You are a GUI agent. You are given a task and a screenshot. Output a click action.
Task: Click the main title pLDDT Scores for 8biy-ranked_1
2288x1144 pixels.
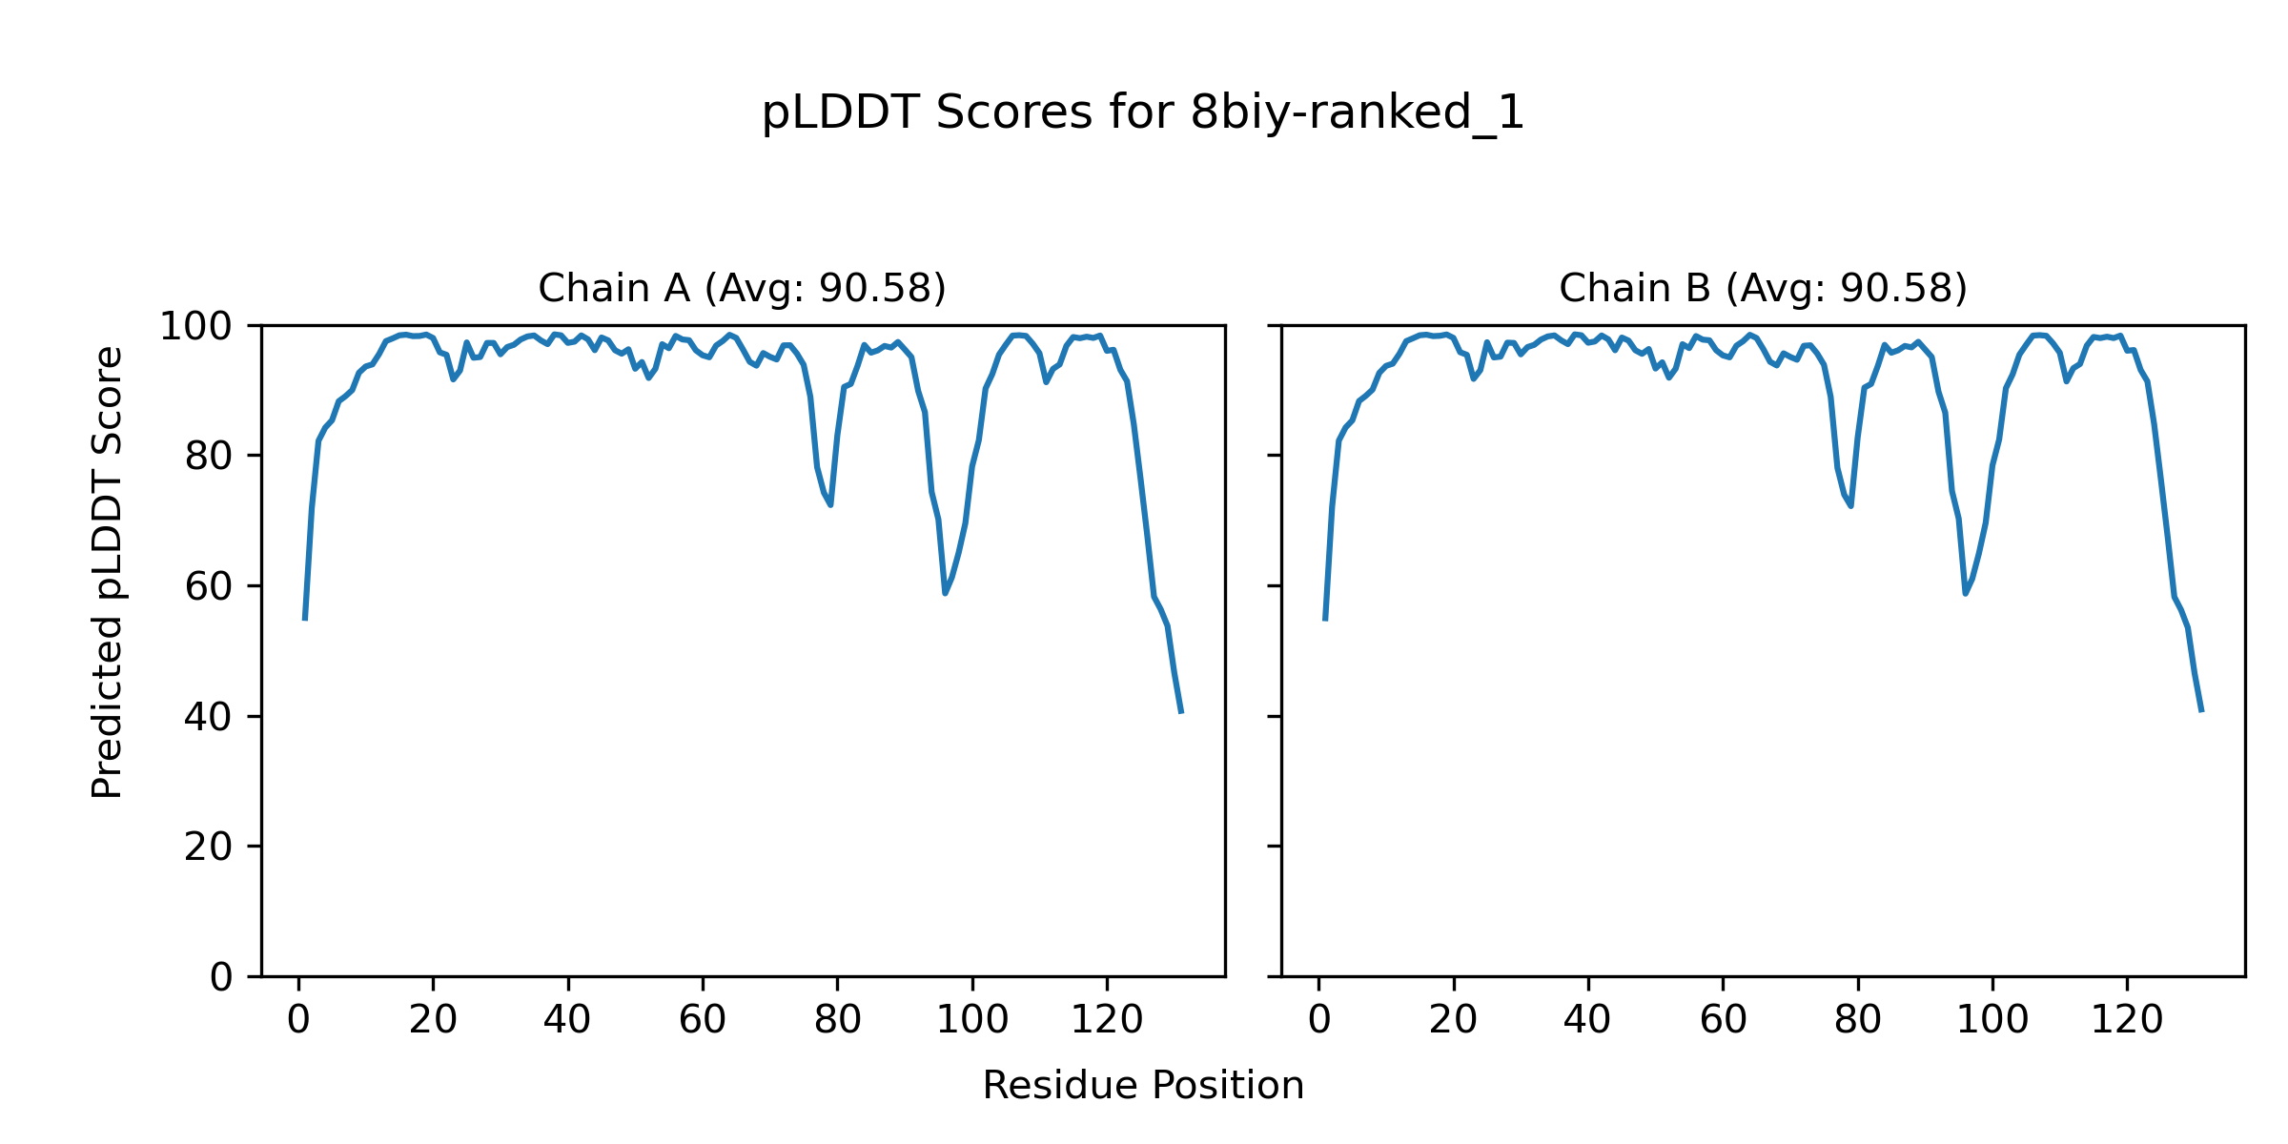click(x=1143, y=113)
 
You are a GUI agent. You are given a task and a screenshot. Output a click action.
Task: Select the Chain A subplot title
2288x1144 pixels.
click(x=742, y=289)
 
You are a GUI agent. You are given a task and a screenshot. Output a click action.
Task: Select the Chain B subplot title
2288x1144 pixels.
click(x=1763, y=289)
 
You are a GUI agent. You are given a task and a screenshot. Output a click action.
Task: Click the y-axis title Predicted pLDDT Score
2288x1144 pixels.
click(x=108, y=572)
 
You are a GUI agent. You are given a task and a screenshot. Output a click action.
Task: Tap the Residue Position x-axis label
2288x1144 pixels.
click(x=1143, y=1086)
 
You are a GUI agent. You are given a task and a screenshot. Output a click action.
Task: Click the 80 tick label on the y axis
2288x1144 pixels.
click(x=209, y=457)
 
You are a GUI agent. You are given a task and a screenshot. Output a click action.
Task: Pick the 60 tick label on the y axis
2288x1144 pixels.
click(x=209, y=586)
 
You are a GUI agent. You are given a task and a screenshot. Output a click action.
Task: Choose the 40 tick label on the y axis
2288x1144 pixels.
click(x=209, y=717)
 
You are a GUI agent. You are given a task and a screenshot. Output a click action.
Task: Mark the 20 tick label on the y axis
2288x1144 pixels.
click(x=209, y=847)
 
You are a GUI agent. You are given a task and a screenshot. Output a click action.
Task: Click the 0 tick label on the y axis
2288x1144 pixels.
click(x=221, y=977)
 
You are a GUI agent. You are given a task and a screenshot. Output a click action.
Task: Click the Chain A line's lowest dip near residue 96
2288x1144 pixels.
click(x=945, y=593)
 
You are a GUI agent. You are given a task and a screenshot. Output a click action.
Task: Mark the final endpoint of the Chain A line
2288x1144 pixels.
click(x=1181, y=712)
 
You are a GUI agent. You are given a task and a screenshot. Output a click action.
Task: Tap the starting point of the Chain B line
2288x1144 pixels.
click(x=1325, y=620)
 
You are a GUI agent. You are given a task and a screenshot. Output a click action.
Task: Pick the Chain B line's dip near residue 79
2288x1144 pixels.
click(x=1850, y=505)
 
